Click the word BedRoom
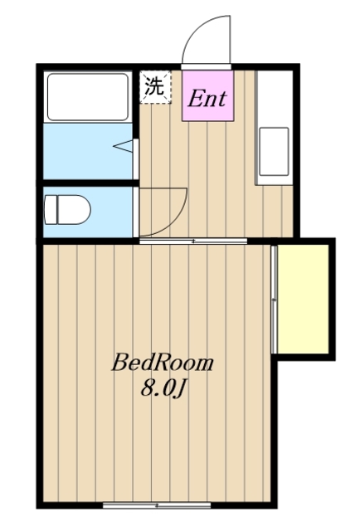pyautogui.click(x=163, y=363)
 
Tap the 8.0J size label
pyautogui.click(x=163, y=388)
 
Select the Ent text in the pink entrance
pyautogui.click(x=207, y=98)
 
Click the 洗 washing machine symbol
pyautogui.click(x=155, y=86)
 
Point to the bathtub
pyautogui.click(x=88, y=97)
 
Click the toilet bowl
pyautogui.click(x=74, y=209)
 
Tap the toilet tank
pyautogui.click(x=51, y=209)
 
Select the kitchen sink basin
pyautogui.click(x=274, y=151)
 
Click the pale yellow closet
pyautogui.click(x=303, y=299)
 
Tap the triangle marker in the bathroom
pyautogui.click(x=124, y=146)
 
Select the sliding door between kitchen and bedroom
pyautogui.click(x=193, y=241)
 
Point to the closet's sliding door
pyautogui.click(x=274, y=300)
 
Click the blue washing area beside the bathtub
pyautogui.click(x=88, y=151)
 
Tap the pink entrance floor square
pyautogui.click(x=207, y=95)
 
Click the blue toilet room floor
pyautogui.click(x=88, y=212)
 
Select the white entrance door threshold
pyautogui.click(x=207, y=66)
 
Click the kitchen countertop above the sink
pyautogui.click(x=275, y=98)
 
